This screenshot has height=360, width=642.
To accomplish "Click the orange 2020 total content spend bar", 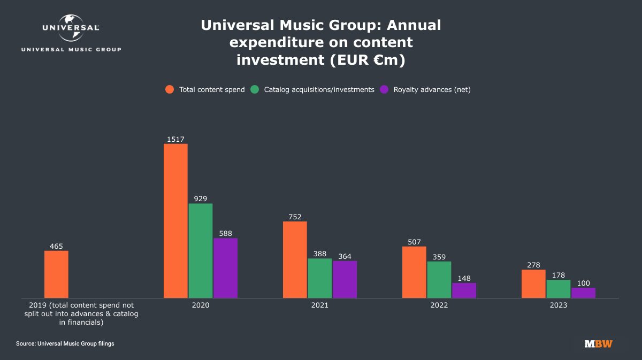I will pyautogui.click(x=175, y=220).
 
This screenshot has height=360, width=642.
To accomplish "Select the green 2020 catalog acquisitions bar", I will pyautogui.click(x=200, y=250).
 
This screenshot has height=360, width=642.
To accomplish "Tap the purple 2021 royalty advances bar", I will pyautogui.click(x=345, y=279).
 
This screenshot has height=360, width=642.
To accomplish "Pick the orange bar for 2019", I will pyautogui.click(x=56, y=274).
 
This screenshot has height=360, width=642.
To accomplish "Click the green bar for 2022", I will pyautogui.click(x=439, y=279).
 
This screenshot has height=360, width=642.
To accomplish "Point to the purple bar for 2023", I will pyautogui.click(x=583, y=293).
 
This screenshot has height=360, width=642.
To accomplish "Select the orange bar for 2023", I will pyautogui.click(x=533, y=284).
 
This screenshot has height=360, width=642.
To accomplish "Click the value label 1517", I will pyautogui.click(x=175, y=140).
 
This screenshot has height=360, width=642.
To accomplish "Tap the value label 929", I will pyautogui.click(x=200, y=199).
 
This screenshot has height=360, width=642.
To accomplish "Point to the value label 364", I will pyautogui.click(x=345, y=257).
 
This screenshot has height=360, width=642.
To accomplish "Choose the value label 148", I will pyautogui.click(x=464, y=278).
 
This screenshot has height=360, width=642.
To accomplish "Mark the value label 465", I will pyautogui.click(x=56, y=247).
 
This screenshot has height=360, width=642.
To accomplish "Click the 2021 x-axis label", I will pyautogui.click(x=320, y=305).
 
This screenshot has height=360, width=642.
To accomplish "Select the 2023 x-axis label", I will pyautogui.click(x=559, y=305).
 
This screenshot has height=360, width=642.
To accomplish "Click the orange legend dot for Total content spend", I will pyautogui.click(x=170, y=89).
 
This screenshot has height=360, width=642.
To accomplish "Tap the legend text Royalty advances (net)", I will pyautogui.click(x=432, y=89).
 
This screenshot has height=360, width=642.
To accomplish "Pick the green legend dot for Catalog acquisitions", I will pyautogui.click(x=255, y=89).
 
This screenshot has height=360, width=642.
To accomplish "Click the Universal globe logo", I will pyautogui.click(x=71, y=28).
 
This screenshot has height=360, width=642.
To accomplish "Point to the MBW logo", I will pyautogui.click(x=599, y=343).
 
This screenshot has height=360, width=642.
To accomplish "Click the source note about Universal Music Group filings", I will pyautogui.click(x=65, y=343).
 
